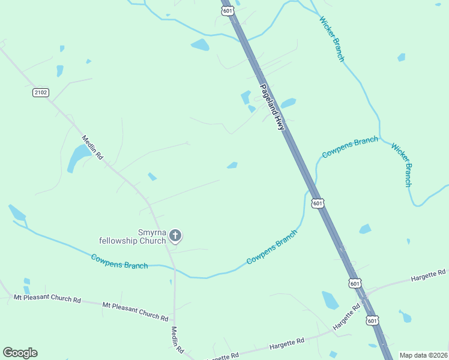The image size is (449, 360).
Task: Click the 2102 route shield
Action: coord(41,92)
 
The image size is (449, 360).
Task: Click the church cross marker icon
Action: coord(175,235)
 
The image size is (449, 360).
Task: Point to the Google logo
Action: coord(20,353)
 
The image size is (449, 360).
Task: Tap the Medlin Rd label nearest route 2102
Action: coord(92,147)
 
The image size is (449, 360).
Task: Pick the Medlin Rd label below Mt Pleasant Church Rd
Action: coord(177,339)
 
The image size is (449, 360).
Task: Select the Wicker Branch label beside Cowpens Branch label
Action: coord(402,164)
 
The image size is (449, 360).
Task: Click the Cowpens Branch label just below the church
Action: coord(119,262)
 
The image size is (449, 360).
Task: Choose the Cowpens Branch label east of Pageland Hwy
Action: coord(350,147)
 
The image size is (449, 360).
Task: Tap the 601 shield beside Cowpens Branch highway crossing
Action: coord(318,203)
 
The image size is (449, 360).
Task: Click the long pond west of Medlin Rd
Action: coord(78,157)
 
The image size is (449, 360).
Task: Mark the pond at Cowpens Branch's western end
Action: coord(17,212)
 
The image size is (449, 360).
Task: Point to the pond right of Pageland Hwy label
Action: coord(289,103)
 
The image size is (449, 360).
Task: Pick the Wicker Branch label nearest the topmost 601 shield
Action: coord(332,38)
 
